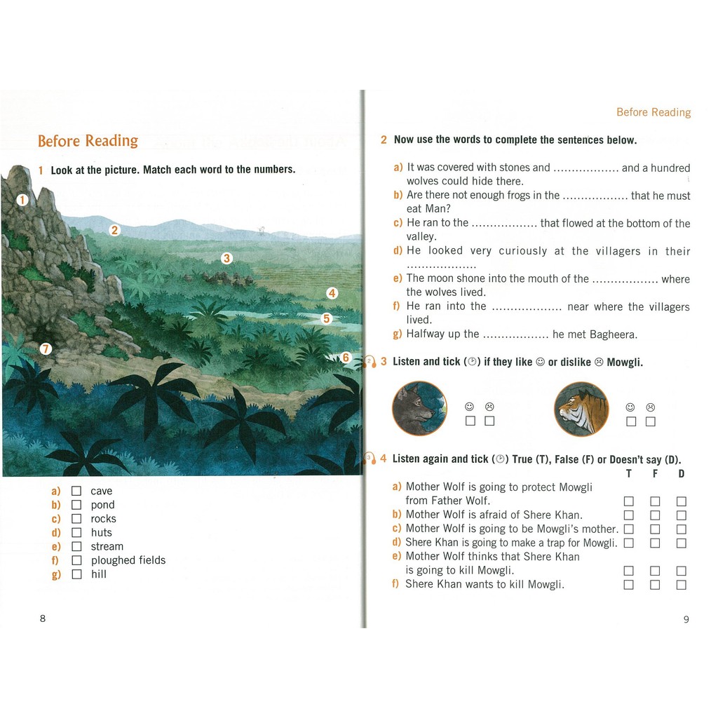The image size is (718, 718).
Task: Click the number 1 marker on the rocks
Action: tap(22, 200)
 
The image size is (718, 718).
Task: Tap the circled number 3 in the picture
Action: tap(226, 258)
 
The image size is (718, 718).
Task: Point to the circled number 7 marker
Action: tap(46, 348)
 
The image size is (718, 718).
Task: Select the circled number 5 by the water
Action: tap(326, 318)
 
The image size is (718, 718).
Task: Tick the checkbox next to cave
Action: tap(76, 491)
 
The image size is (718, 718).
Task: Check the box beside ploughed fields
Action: tap(76, 560)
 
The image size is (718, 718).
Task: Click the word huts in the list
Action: tap(101, 533)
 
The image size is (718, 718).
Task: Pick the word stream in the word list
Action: tap(107, 547)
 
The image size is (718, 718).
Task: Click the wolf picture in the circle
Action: tap(419, 408)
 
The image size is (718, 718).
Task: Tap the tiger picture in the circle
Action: tap(581, 409)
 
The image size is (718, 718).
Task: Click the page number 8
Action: tap(43, 618)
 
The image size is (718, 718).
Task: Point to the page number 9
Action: tap(686, 618)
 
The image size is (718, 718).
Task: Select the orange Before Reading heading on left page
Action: tap(88, 141)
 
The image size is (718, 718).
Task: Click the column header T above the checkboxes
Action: tap(628, 474)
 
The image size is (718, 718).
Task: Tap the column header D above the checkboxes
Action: tap(681, 474)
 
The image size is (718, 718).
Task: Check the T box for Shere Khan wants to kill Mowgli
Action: tap(629, 585)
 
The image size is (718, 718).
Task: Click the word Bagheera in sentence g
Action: tap(611, 334)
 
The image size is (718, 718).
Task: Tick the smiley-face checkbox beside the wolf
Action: tap(470, 421)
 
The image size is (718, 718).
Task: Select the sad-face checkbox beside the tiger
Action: tap(651, 421)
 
